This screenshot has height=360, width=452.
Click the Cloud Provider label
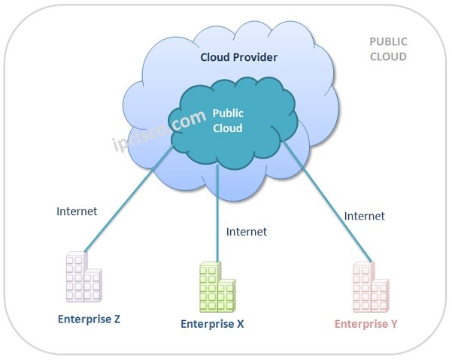pos(238,57)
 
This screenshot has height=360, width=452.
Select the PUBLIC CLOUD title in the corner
pos(388,49)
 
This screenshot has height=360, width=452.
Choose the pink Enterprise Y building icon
pos(370,288)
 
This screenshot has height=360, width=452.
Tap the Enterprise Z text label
pos(89,319)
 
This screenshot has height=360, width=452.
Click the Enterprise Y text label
pos(366,324)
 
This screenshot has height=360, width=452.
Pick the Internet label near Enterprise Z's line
pos(77,211)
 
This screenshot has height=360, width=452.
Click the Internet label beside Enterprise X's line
pos(246,231)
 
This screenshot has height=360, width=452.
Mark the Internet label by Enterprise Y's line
pos(364,216)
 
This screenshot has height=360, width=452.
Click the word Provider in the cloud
pos(254,57)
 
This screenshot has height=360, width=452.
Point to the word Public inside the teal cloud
pos(228,113)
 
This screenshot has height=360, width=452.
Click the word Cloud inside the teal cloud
pos(228,128)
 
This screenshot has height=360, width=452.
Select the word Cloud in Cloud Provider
pos(214,57)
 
